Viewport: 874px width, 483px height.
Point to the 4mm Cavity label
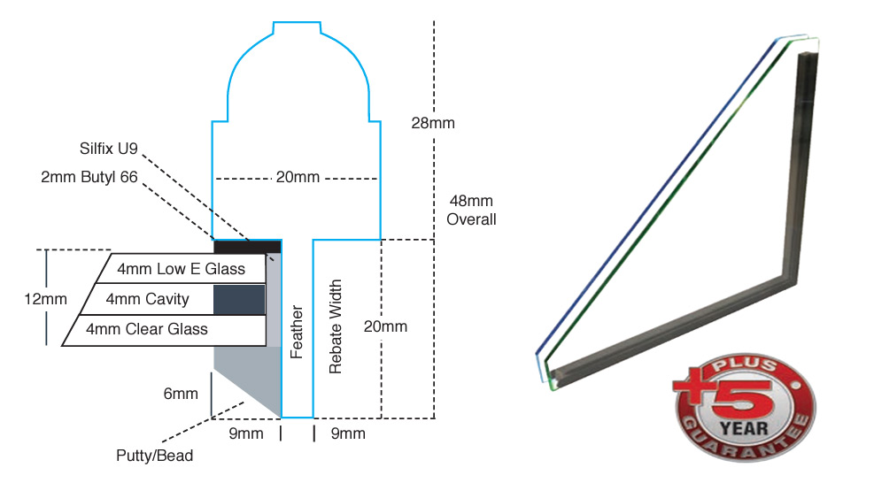(147, 299)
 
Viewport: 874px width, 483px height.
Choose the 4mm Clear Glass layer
(147, 329)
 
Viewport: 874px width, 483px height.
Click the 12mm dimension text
(45, 299)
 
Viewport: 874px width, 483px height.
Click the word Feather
(297, 332)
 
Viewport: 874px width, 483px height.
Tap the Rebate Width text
(336, 327)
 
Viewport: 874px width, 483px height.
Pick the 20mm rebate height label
(385, 326)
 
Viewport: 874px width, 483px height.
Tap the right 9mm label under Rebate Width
(347, 433)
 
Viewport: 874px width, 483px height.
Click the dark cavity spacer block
(239, 299)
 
